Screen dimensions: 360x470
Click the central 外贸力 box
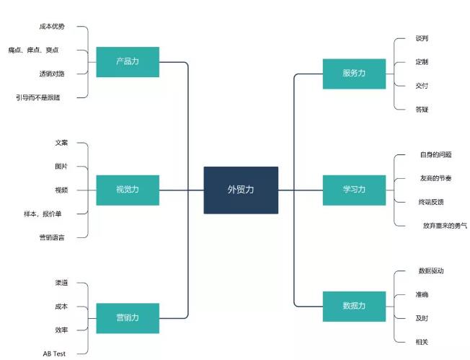pos(241,190)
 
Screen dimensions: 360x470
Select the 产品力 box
pos(128,62)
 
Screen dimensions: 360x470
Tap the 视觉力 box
pos(128,190)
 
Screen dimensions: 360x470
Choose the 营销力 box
pos(128,317)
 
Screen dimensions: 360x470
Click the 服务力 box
pos(354,74)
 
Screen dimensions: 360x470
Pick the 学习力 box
pos(354,190)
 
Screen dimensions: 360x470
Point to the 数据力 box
pos(354,306)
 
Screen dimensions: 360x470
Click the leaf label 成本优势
pos(52,27)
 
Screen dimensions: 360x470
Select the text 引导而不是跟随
pos(43,97)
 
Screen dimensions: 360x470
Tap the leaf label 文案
pos(61,143)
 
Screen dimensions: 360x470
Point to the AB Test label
pos(54,354)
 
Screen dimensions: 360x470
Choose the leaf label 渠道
pos(61,283)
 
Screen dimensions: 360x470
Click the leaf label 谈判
pos(422,38)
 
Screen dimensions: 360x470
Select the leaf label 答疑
pos(422,110)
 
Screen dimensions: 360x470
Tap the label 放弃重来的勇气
pos(445,226)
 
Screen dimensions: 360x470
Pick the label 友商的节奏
pos(435,178)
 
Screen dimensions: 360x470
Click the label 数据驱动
pos(430,271)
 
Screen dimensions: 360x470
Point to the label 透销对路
pos(52,74)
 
